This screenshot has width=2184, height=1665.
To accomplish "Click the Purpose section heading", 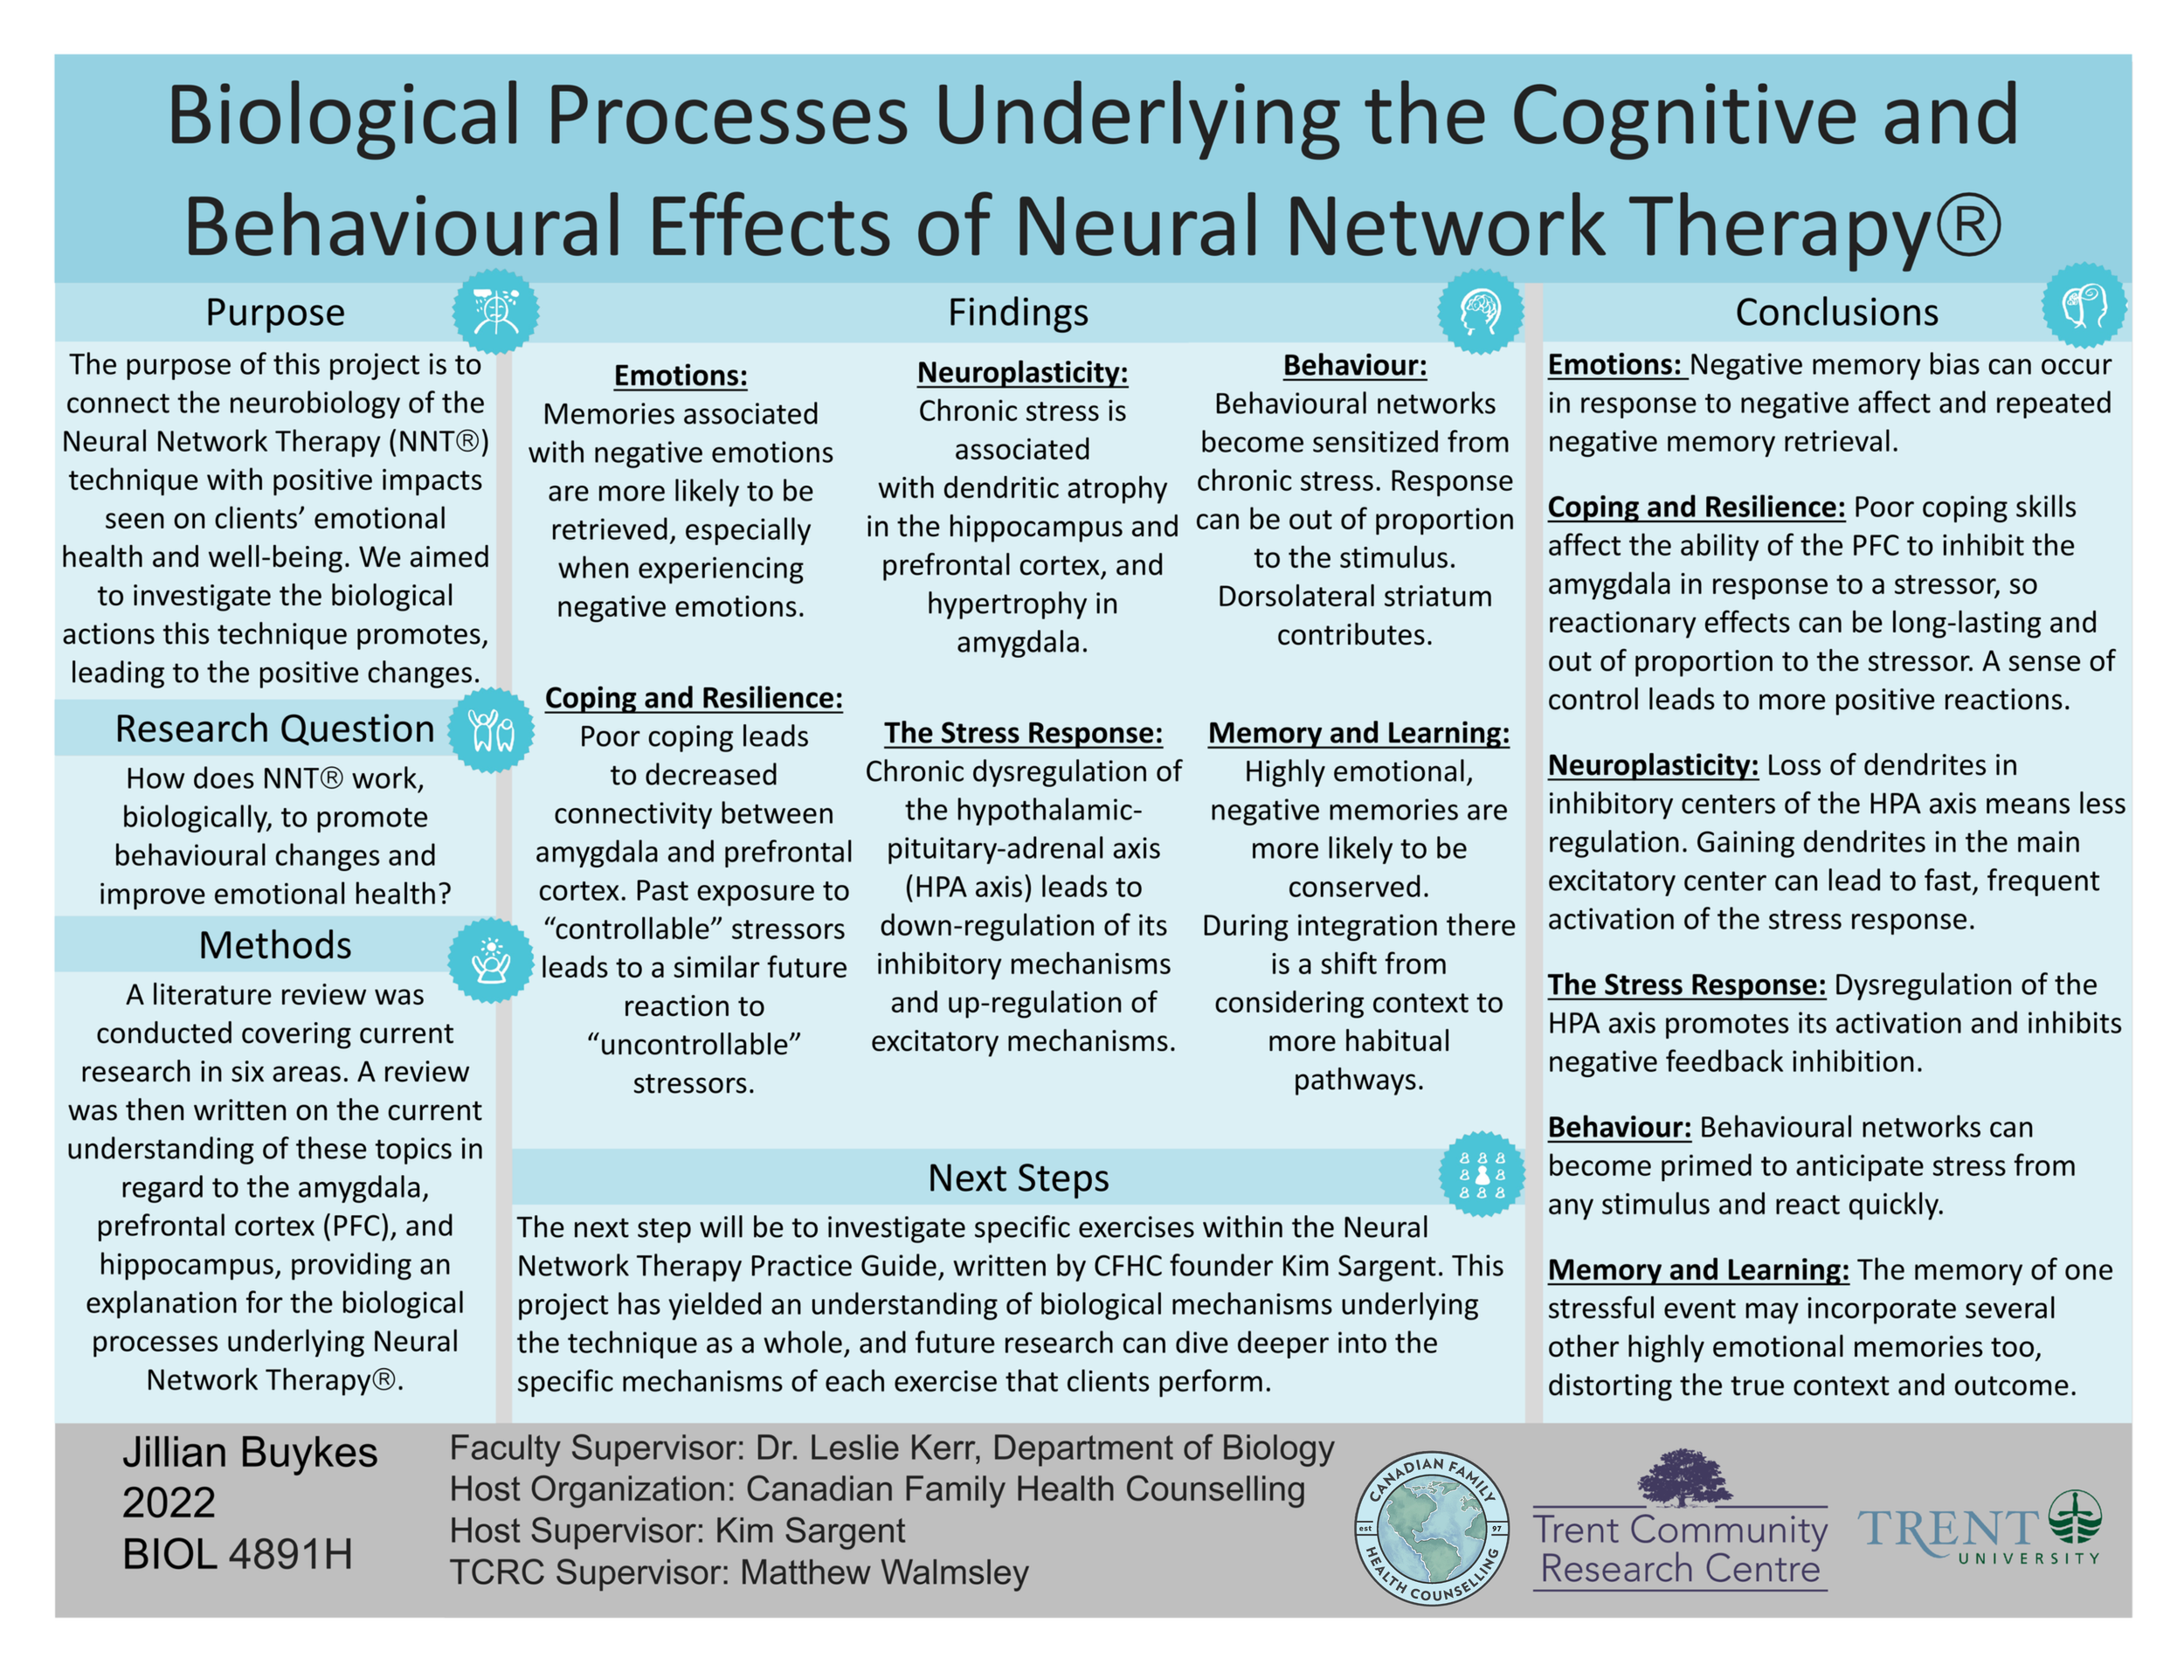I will click(x=274, y=312).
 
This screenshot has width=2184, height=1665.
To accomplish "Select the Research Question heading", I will click(x=274, y=729).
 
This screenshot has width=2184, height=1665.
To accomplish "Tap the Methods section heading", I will click(x=274, y=945).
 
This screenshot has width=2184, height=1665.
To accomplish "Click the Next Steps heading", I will click(x=1018, y=1178).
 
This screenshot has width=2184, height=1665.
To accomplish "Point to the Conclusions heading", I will click(x=1836, y=312).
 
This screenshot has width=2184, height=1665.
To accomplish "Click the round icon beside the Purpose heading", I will click(x=495, y=311).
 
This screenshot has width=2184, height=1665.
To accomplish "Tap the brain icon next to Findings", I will click(x=1481, y=311).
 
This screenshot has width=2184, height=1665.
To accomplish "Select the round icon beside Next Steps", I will click(x=1482, y=1174).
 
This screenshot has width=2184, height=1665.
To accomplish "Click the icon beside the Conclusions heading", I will click(x=2084, y=305).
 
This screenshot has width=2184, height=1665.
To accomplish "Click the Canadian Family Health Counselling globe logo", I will click(x=1431, y=1527).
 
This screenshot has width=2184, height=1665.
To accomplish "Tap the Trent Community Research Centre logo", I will click(x=1680, y=1521).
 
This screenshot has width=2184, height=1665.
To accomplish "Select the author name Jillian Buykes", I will click(x=250, y=1453).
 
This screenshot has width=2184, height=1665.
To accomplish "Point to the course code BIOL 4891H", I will click(x=237, y=1554).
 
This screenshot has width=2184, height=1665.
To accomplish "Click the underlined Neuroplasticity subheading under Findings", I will click(x=1021, y=373).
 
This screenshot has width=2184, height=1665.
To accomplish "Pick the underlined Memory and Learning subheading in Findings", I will click(x=1358, y=734).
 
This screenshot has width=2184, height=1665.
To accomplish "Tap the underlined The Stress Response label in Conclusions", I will click(x=1687, y=985).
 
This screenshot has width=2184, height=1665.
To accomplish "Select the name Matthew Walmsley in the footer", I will click(x=884, y=1572).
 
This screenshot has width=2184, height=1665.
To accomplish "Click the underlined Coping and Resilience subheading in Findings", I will click(x=694, y=699).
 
